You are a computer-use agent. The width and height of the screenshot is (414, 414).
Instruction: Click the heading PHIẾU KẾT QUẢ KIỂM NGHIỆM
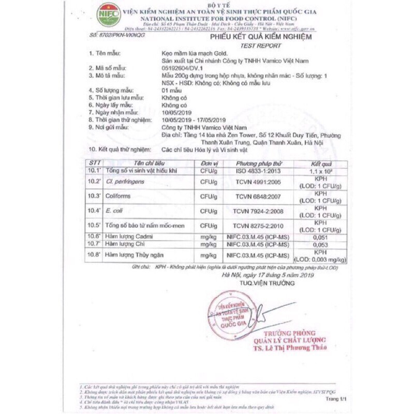point(261,38)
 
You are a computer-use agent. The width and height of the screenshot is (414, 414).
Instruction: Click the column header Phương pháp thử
point(257,163)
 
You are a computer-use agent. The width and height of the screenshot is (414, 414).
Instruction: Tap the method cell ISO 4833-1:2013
point(257,170)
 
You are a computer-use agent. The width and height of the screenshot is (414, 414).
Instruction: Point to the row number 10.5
point(94,226)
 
